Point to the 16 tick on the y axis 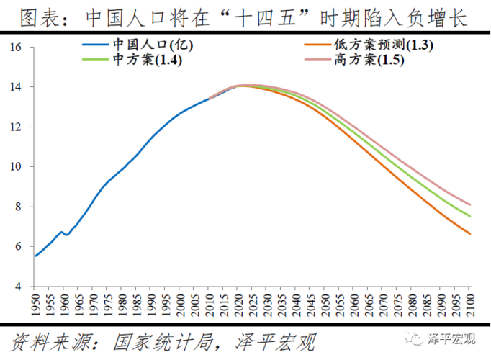[18, 48]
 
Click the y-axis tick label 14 [18, 87]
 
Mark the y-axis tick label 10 [18, 167]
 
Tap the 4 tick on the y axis [21, 287]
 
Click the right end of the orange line [469, 233]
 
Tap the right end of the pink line [469, 204]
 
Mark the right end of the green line [469, 216]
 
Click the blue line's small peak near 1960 [63, 232]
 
